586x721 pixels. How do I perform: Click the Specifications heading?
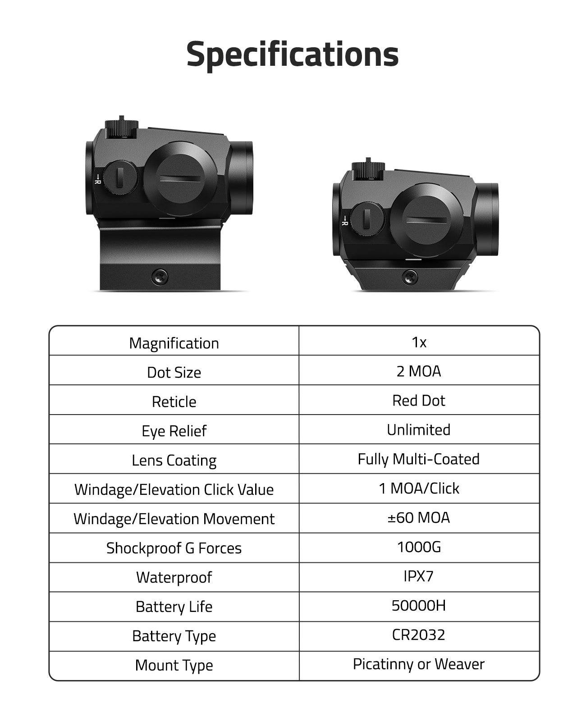click(x=293, y=55)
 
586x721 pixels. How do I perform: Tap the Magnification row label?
click(x=174, y=343)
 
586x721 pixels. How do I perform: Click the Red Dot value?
click(x=419, y=401)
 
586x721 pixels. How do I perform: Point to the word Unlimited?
click(x=419, y=430)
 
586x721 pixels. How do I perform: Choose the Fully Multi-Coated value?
click(x=419, y=459)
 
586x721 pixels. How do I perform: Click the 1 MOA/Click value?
click(x=419, y=488)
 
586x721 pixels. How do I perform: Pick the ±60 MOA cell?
click(x=419, y=518)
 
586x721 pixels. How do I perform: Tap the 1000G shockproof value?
click(x=419, y=548)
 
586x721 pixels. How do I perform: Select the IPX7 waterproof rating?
click(x=419, y=576)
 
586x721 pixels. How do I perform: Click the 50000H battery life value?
click(x=419, y=606)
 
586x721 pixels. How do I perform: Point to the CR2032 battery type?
click(x=419, y=635)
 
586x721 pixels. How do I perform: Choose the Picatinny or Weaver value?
click(x=419, y=665)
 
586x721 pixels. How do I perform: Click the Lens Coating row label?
click(x=174, y=461)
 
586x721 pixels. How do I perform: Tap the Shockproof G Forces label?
click(x=174, y=548)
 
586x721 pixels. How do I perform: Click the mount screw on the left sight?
click(x=160, y=277)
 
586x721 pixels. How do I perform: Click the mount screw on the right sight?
click(x=410, y=278)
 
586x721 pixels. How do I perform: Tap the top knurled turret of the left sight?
click(x=121, y=128)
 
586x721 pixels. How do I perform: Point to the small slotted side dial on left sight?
click(x=120, y=178)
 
